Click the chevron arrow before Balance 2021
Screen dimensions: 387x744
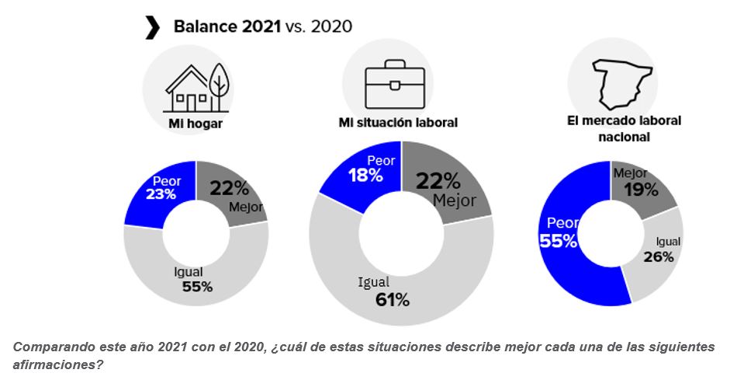point(152,27)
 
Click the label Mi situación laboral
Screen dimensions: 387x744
point(398,122)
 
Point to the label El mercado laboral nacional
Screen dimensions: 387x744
point(624,128)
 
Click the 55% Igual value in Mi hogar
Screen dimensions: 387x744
point(197,286)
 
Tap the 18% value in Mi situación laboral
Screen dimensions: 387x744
point(365,176)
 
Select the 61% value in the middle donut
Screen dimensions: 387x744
point(391,299)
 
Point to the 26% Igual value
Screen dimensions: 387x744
point(658,256)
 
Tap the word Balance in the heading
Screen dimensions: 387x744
point(201,26)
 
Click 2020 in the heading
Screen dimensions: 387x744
point(331,26)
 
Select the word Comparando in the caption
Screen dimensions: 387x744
point(51,347)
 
